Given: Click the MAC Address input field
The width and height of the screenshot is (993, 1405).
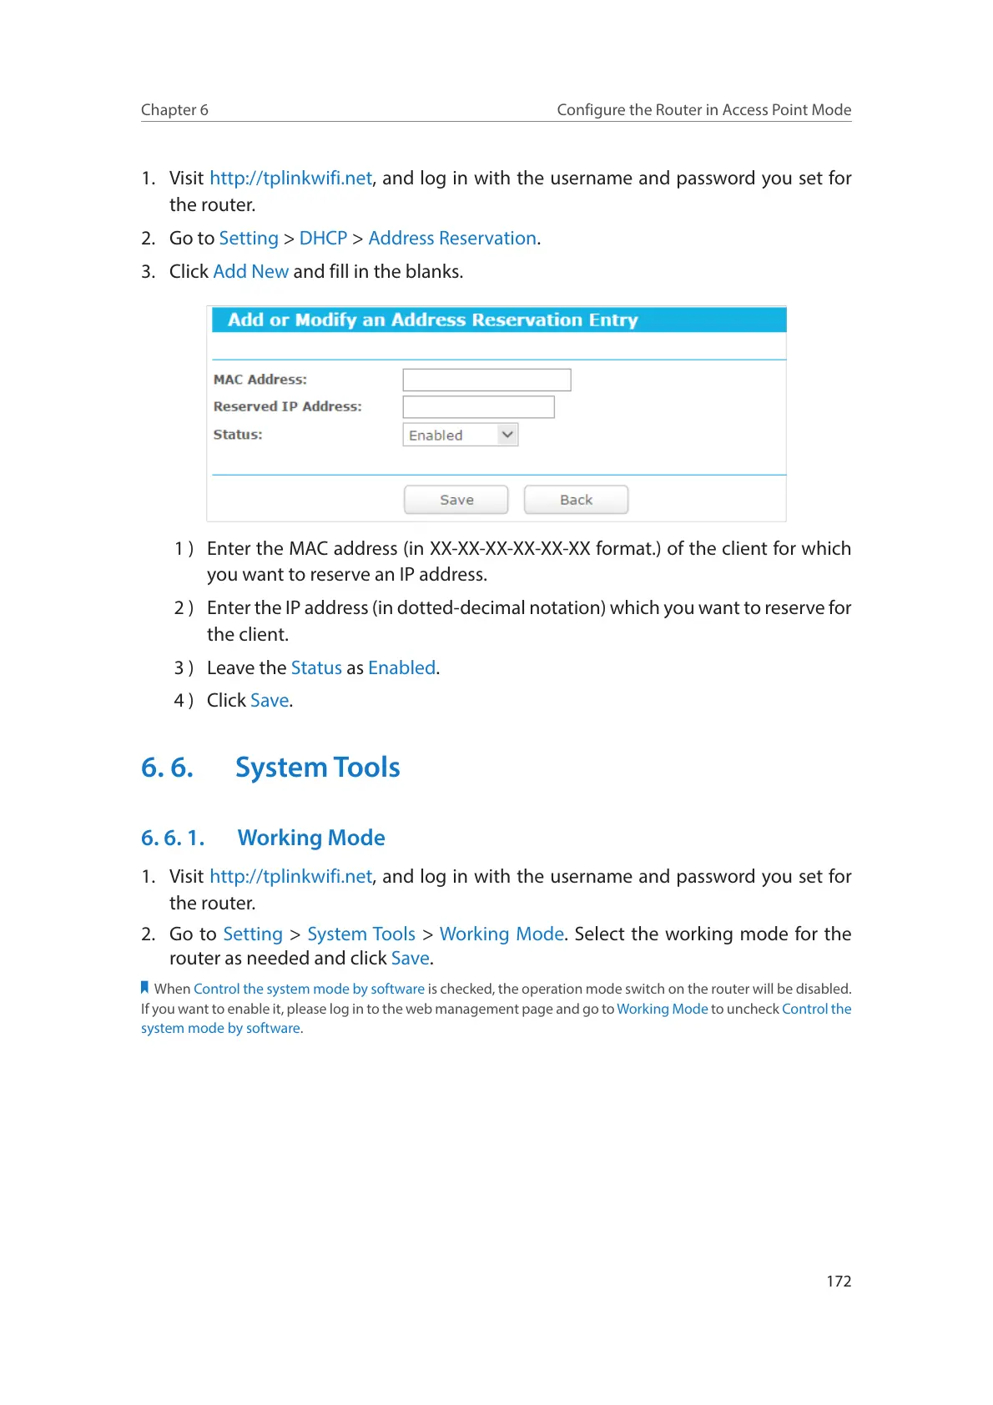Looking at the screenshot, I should [486, 380].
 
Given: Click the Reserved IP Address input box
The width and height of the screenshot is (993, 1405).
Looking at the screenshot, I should [478, 407].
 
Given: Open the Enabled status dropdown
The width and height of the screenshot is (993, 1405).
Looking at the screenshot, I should [461, 435].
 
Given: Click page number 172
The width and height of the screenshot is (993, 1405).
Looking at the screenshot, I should [839, 1281].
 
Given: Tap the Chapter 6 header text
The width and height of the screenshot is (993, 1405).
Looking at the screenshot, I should [174, 110].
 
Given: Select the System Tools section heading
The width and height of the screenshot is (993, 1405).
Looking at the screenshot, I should [317, 768].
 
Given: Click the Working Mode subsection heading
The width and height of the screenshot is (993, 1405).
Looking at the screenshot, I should [311, 838].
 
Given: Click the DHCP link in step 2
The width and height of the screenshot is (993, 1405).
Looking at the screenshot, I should [323, 239].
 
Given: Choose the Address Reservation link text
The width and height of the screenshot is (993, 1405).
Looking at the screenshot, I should [452, 239].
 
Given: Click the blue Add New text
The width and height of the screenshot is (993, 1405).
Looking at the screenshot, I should [251, 272].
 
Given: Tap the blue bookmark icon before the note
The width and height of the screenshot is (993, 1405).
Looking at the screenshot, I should [145, 988].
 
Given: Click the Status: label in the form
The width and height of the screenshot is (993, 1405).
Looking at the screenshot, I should [238, 435].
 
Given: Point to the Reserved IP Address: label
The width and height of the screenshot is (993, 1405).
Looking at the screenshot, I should [287, 407].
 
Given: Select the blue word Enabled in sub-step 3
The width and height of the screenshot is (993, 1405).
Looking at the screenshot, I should [401, 668].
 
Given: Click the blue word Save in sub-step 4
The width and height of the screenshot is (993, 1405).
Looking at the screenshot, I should [270, 701].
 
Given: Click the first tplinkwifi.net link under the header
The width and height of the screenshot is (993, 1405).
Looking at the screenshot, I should [290, 179].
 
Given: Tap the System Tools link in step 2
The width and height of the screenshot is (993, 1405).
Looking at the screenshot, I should [361, 934].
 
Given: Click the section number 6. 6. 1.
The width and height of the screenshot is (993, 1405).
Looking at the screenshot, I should [173, 838].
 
